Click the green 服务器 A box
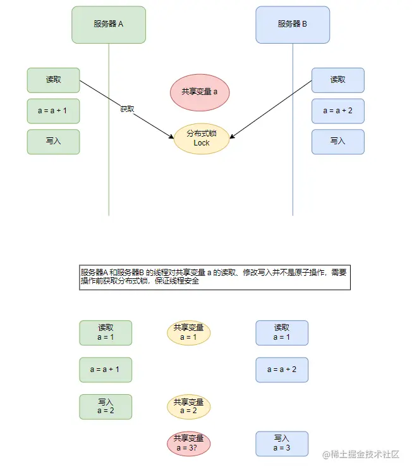[109, 25]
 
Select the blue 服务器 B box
[293, 25]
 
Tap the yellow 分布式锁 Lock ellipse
[201, 139]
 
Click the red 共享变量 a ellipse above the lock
[200, 92]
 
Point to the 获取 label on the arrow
[127, 109]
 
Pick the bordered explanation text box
[214, 277]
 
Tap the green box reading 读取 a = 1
[106, 333]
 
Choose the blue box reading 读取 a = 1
[282, 333]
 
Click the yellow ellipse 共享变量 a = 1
[188, 333]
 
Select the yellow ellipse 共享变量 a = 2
[188, 407]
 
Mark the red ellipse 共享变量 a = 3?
[188, 443]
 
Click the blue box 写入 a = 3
[282, 443]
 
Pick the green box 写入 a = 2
[106, 407]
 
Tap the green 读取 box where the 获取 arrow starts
[53, 80]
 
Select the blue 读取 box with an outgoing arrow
[338, 80]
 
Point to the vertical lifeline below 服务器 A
[109, 183]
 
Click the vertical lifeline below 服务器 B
[293, 183]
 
